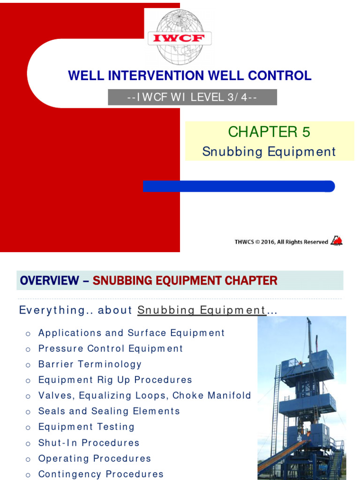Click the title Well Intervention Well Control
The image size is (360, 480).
[x=189, y=75]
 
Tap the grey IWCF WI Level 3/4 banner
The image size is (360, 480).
[x=192, y=97]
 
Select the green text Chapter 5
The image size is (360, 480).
[x=269, y=132]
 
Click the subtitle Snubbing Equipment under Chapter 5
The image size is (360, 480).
[x=269, y=152]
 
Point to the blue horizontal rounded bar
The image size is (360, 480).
[x=239, y=187]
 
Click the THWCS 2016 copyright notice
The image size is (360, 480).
[x=281, y=242]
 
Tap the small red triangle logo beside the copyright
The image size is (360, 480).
[x=337, y=241]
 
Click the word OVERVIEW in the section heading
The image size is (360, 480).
[x=49, y=281]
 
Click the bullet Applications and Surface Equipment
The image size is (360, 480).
[x=131, y=333]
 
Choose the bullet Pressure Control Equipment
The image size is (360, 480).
[x=111, y=349]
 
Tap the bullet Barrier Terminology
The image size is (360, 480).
[x=90, y=364]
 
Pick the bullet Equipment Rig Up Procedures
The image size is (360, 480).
[x=115, y=380]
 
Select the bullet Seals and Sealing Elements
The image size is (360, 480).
[x=109, y=411]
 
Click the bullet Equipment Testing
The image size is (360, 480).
[x=86, y=427]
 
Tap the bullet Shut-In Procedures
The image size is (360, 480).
[x=89, y=443]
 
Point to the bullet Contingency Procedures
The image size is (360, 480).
[x=101, y=474]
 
